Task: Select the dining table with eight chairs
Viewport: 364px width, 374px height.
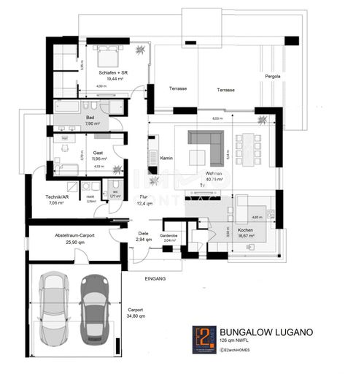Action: coord(248,144)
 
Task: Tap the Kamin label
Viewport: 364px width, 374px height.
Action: coord(166,158)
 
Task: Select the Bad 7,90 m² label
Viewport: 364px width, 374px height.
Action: coord(91,121)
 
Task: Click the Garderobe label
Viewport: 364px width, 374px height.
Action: coord(169,235)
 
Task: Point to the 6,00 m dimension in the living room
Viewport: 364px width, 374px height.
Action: coord(217,118)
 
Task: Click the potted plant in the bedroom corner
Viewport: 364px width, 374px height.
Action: coord(140,50)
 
